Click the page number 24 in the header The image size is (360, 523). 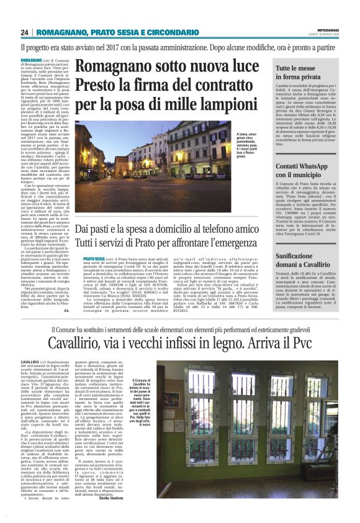[24, 32]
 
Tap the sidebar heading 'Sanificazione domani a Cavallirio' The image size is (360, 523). [302, 260]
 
